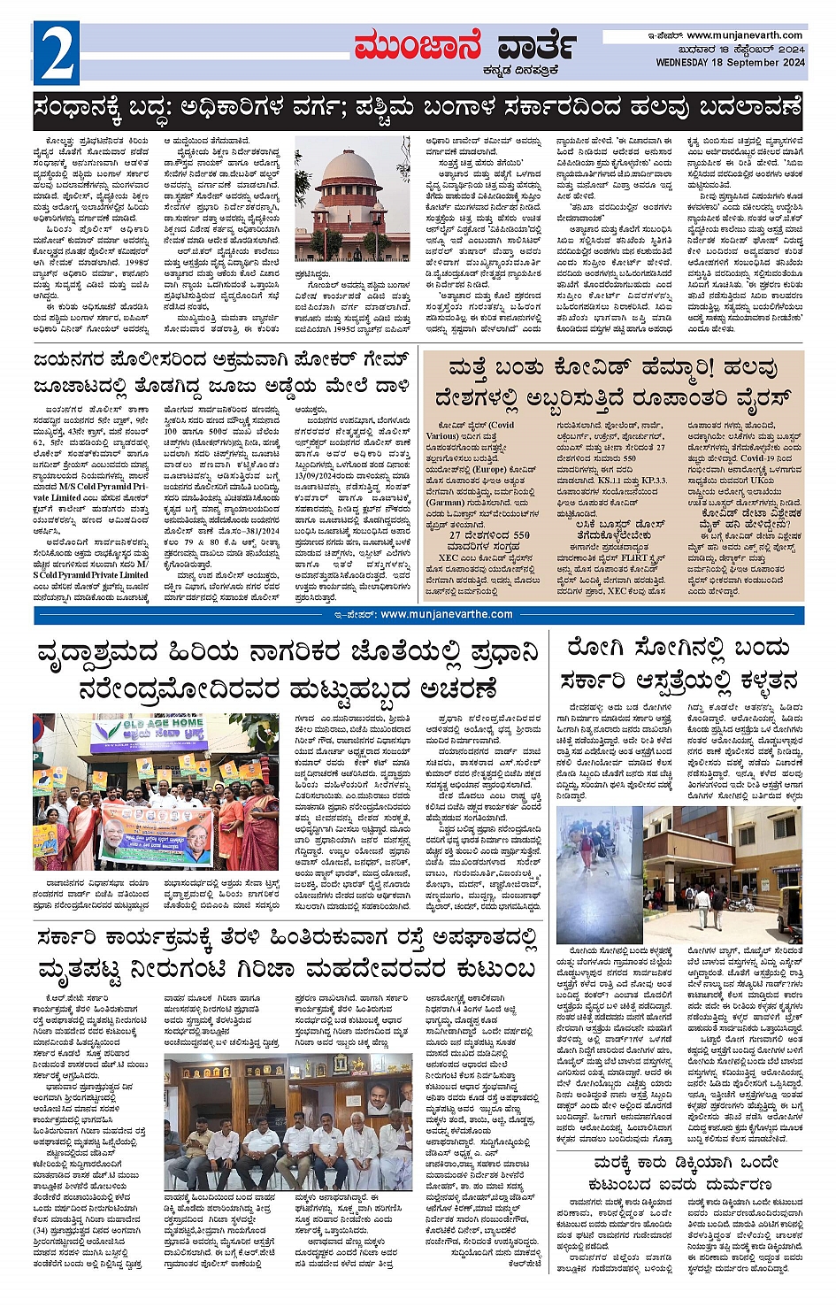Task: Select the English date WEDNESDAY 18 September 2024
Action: [x=730, y=63]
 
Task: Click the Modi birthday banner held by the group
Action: [x=154, y=831]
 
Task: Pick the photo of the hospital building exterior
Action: [x=723, y=874]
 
